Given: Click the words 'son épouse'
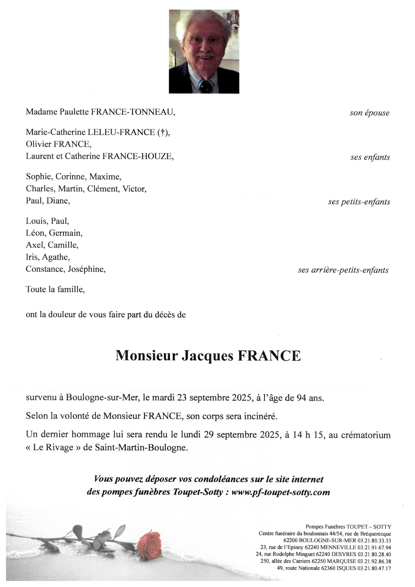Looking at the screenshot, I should coord(370,113).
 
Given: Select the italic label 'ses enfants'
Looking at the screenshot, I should coord(370,158).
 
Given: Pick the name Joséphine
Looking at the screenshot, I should coord(87,269).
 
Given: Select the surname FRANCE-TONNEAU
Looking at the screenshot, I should coord(133,112).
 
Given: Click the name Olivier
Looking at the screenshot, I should coord(39,144).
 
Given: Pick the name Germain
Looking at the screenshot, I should coord(66,233).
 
